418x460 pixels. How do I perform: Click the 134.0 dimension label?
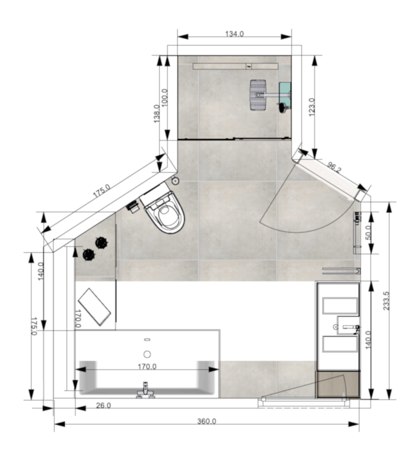234,34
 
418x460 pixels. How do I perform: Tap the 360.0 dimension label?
206,421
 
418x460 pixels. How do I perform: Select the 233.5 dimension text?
386,301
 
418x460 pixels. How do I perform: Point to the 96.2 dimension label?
334,167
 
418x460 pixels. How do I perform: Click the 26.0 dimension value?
104,406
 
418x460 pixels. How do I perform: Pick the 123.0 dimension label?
312,107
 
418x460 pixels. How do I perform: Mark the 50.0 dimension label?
368,233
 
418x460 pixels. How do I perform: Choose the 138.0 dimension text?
157,114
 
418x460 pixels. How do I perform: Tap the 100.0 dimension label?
165,97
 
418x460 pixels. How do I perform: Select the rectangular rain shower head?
258,95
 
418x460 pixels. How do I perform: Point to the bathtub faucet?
145,390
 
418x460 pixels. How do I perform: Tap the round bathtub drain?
147,355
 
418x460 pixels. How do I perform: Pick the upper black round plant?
101,242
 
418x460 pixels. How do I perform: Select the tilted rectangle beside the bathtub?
94,307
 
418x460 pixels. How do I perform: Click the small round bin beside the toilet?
175,181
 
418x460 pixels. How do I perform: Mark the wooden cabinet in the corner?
338,384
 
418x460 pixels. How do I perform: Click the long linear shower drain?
235,66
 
